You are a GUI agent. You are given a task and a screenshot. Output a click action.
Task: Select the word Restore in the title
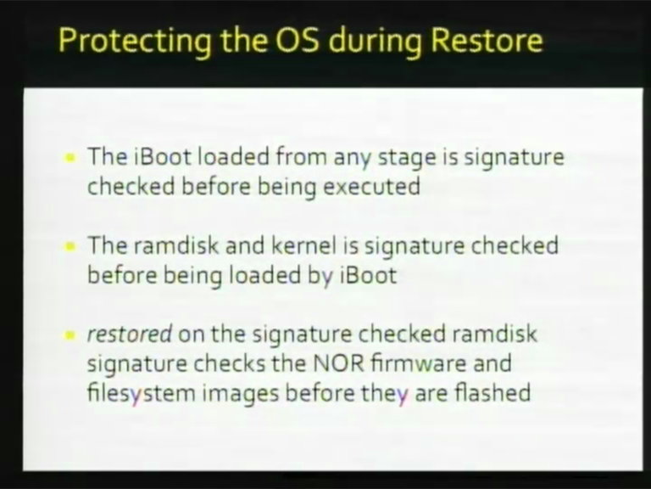click(x=487, y=40)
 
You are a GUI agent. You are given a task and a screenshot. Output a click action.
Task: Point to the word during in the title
click(x=375, y=42)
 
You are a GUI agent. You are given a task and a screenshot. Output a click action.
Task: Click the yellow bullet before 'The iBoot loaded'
click(x=70, y=158)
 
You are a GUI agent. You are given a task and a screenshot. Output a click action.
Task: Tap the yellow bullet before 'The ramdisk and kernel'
click(x=70, y=246)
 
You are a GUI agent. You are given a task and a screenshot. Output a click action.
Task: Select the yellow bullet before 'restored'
click(x=70, y=335)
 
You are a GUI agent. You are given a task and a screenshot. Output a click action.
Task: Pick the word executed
click(x=371, y=186)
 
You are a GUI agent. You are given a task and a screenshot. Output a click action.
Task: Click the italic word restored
click(x=129, y=334)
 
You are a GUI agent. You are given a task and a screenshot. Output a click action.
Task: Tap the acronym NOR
click(x=338, y=363)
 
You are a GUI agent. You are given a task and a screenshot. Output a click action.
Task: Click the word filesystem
click(x=142, y=393)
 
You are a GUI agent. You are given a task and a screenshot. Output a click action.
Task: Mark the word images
click(x=241, y=393)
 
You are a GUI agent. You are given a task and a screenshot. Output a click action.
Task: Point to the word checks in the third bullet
click(x=229, y=363)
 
